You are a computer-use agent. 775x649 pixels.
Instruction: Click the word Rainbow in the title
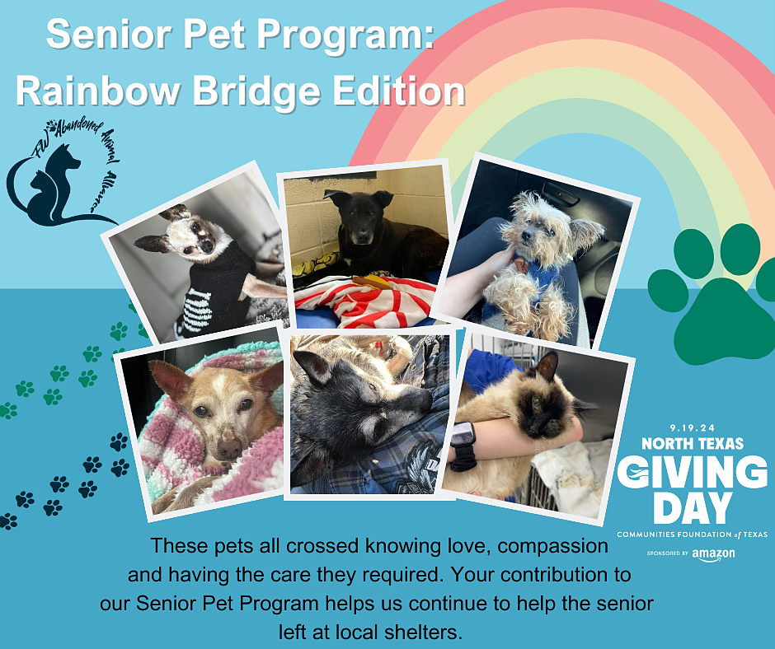[98, 91]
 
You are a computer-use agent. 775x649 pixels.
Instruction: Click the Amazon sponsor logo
[713, 554]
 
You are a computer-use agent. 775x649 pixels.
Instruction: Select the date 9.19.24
[693, 428]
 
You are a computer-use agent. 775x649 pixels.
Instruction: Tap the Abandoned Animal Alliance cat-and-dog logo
[62, 173]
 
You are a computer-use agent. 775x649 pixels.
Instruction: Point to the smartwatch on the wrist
[463, 445]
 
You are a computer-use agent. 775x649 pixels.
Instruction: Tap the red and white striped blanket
[366, 301]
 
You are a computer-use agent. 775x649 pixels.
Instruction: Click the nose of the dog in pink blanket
[228, 445]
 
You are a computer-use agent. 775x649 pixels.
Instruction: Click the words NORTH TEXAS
[693, 443]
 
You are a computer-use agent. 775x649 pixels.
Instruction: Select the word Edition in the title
[399, 91]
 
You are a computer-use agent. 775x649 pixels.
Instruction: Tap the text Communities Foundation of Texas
[692, 535]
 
